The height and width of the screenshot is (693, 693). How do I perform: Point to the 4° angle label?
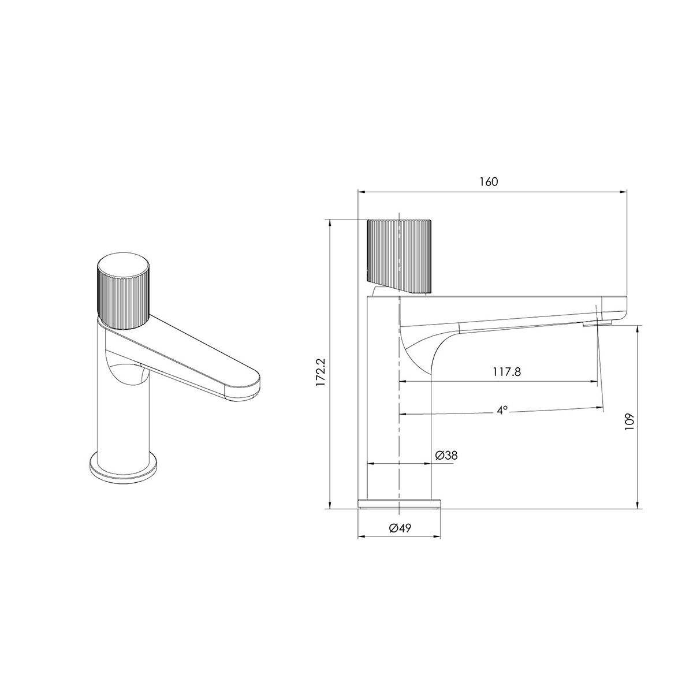502,410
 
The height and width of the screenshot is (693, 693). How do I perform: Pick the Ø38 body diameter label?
446,455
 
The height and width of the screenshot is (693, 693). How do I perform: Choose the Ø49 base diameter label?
400,528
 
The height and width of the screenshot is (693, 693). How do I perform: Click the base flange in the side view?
399,504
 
